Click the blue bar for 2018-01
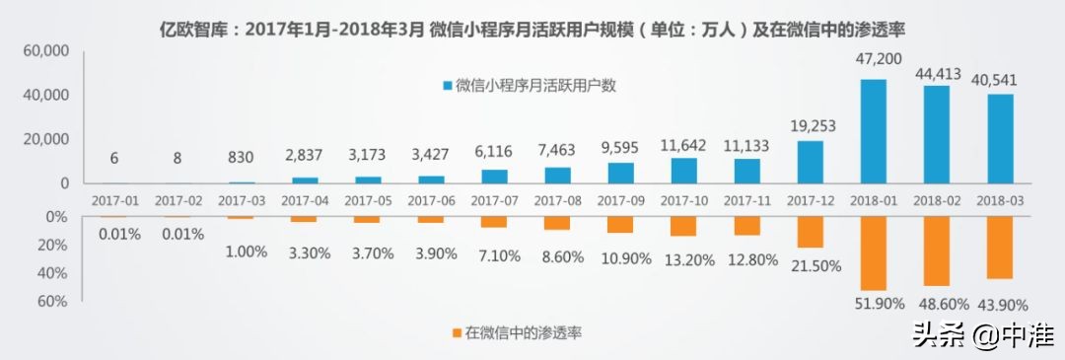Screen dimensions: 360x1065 pyautogui.click(x=873, y=130)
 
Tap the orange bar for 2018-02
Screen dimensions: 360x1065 pyautogui.click(x=936, y=251)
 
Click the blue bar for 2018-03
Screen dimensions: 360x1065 pyautogui.click(x=999, y=138)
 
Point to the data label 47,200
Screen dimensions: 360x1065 pyautogui.click(x=873, y=60)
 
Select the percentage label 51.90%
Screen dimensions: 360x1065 pyautogui.click(x=873, y=303)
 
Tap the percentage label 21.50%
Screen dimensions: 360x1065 pyautogui.click(x=810, y=266)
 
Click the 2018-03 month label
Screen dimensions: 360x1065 pyautogui.click(x=999, y=199)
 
